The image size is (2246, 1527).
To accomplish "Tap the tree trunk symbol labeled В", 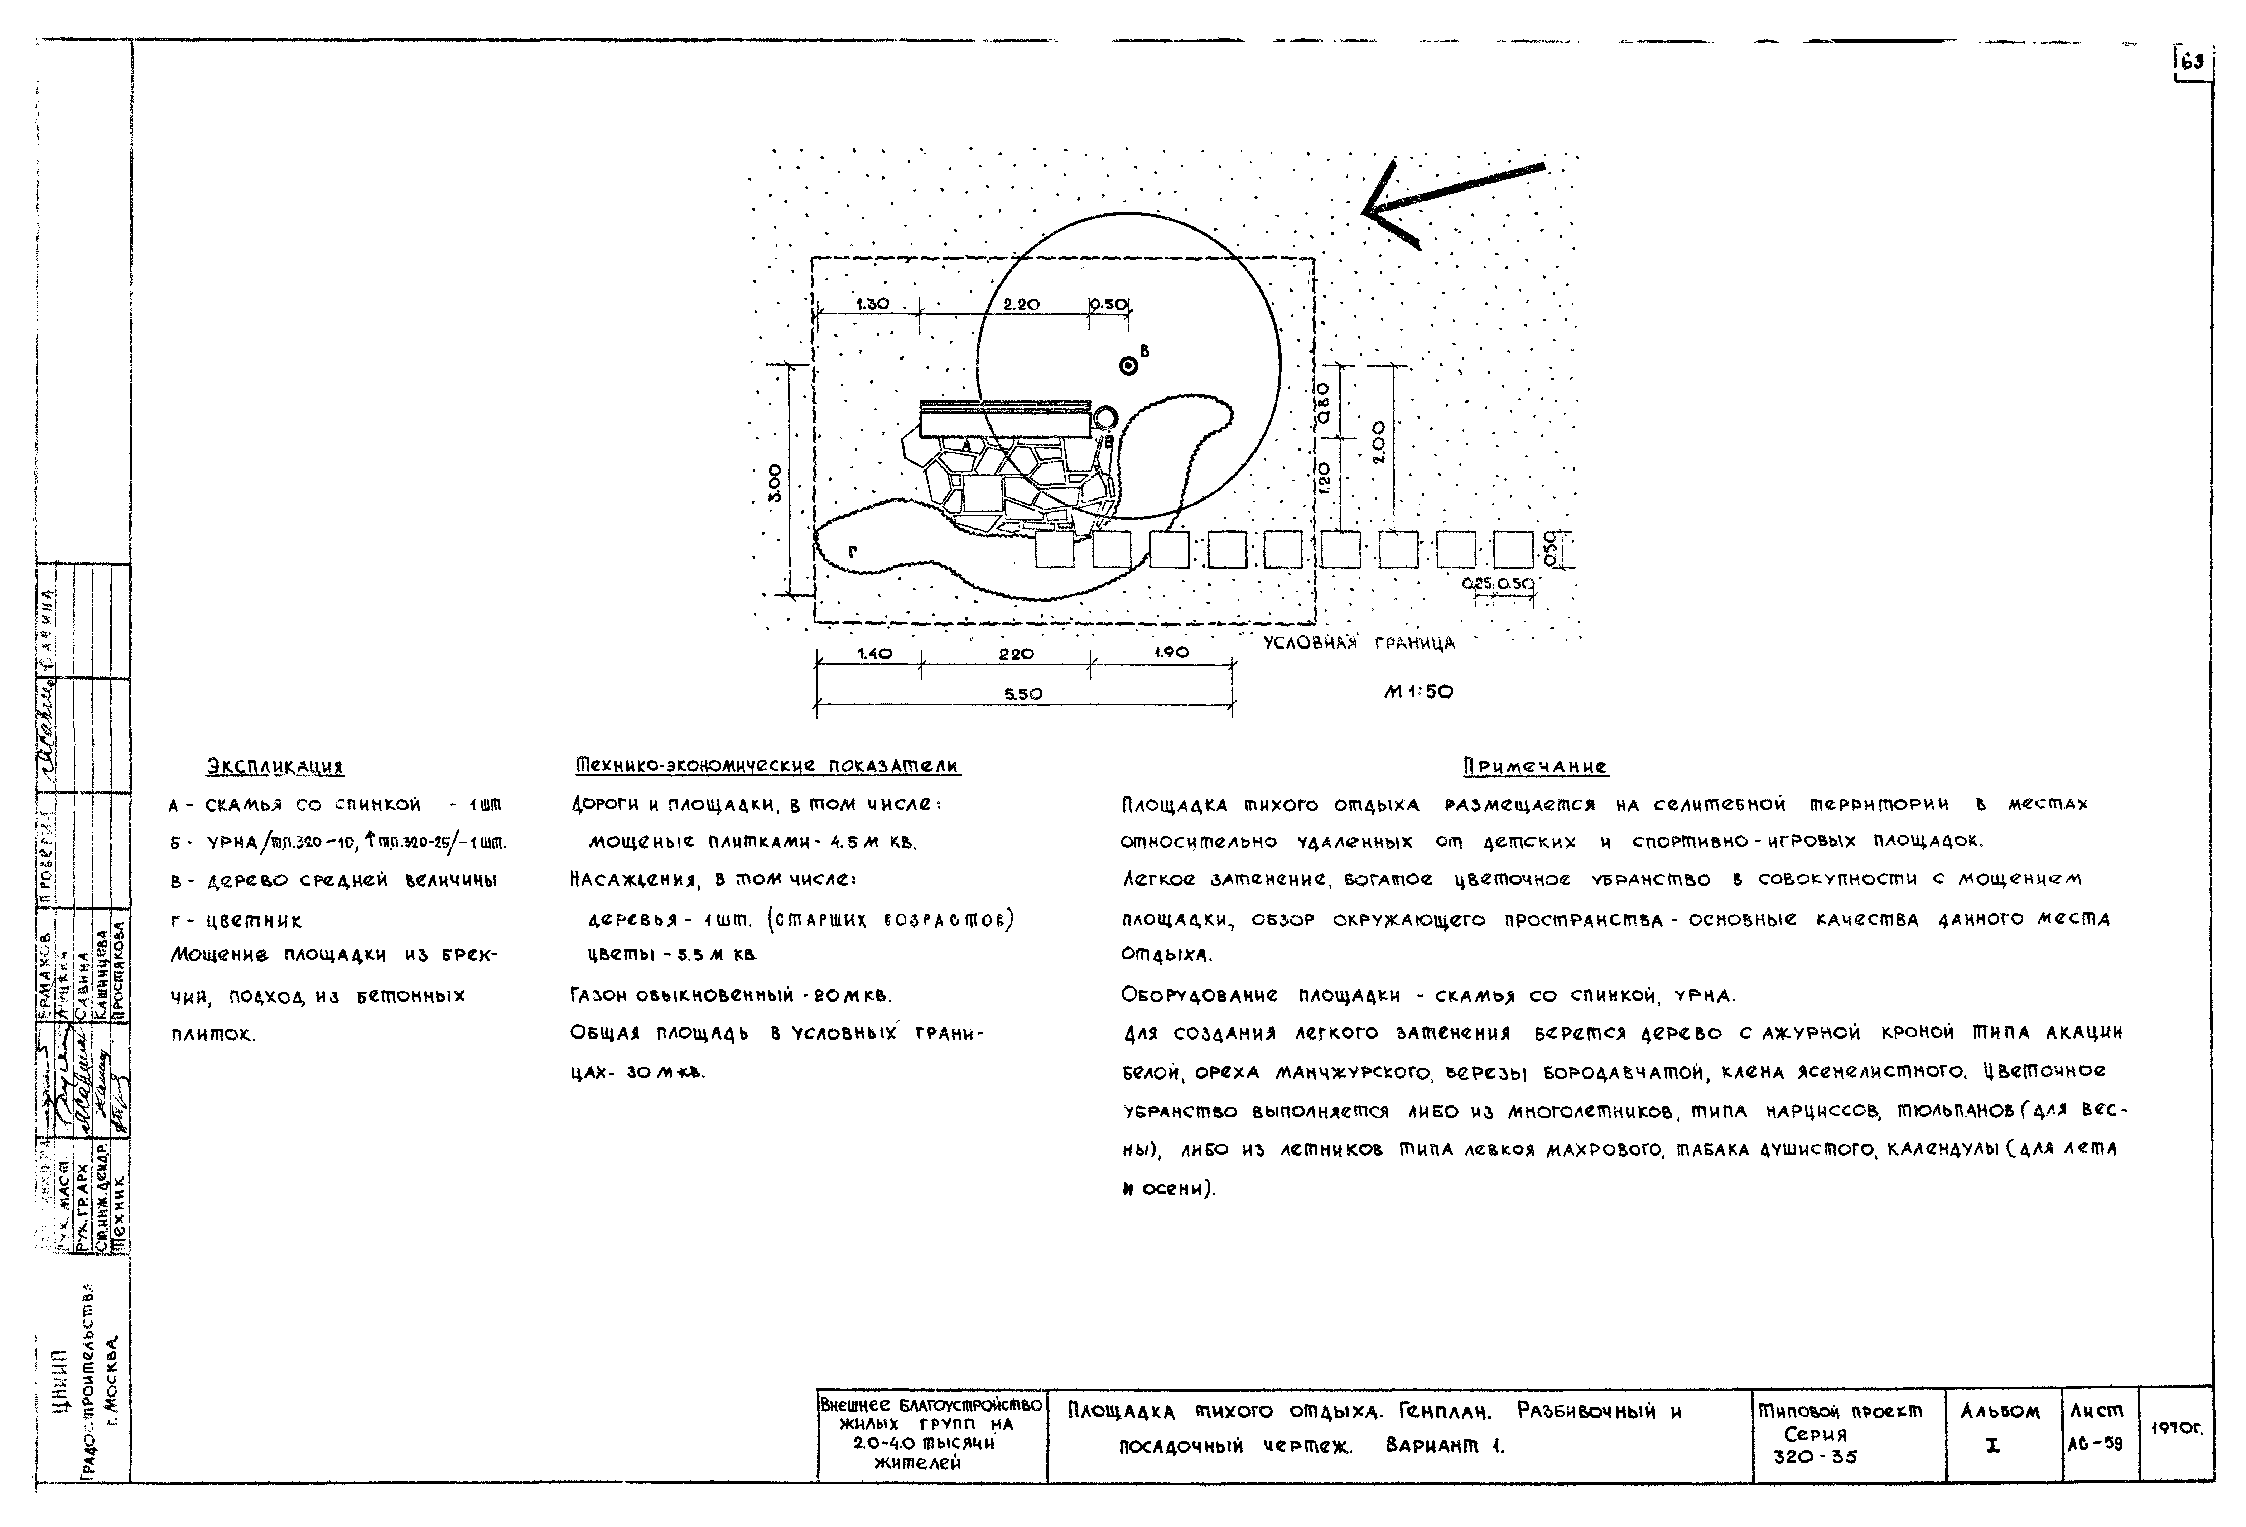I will pyautogui.click(x=1127, y=365).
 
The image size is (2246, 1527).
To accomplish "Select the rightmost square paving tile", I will pyautogui.click(x=1513, y=549).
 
